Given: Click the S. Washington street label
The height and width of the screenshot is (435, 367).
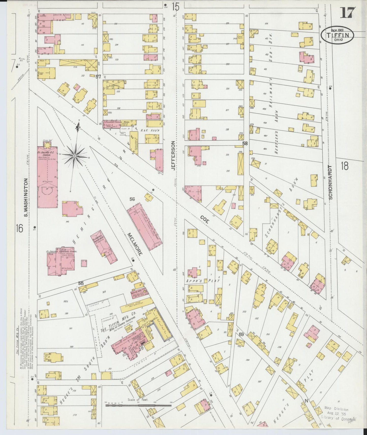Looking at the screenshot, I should pyautogui.click(x=26, y=198).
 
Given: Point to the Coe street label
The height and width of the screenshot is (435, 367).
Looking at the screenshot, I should pyautogui.click(x=204, y=219).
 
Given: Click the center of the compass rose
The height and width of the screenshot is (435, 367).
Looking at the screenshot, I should pyautogui.click(x=75, y=155).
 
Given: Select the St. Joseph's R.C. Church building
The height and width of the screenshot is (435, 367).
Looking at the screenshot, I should pyautogui.click(x=47, y=176).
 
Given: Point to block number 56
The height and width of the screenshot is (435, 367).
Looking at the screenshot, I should pyautogui.click(x=132, y=199).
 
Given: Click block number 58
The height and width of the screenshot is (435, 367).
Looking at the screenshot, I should pyautogui.click(x=245, y=143).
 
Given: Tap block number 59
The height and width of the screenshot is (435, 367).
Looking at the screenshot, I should pyautogui.click(x=241, y=334).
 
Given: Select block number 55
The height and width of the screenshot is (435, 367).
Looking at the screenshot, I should pyautogui.click(x=81, y=283).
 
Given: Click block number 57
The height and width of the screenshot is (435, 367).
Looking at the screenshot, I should pyautogui.click(x=98, y=76).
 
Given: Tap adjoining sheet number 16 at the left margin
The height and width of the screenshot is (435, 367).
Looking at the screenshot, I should pyautogui.click(x=19, y=228).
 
